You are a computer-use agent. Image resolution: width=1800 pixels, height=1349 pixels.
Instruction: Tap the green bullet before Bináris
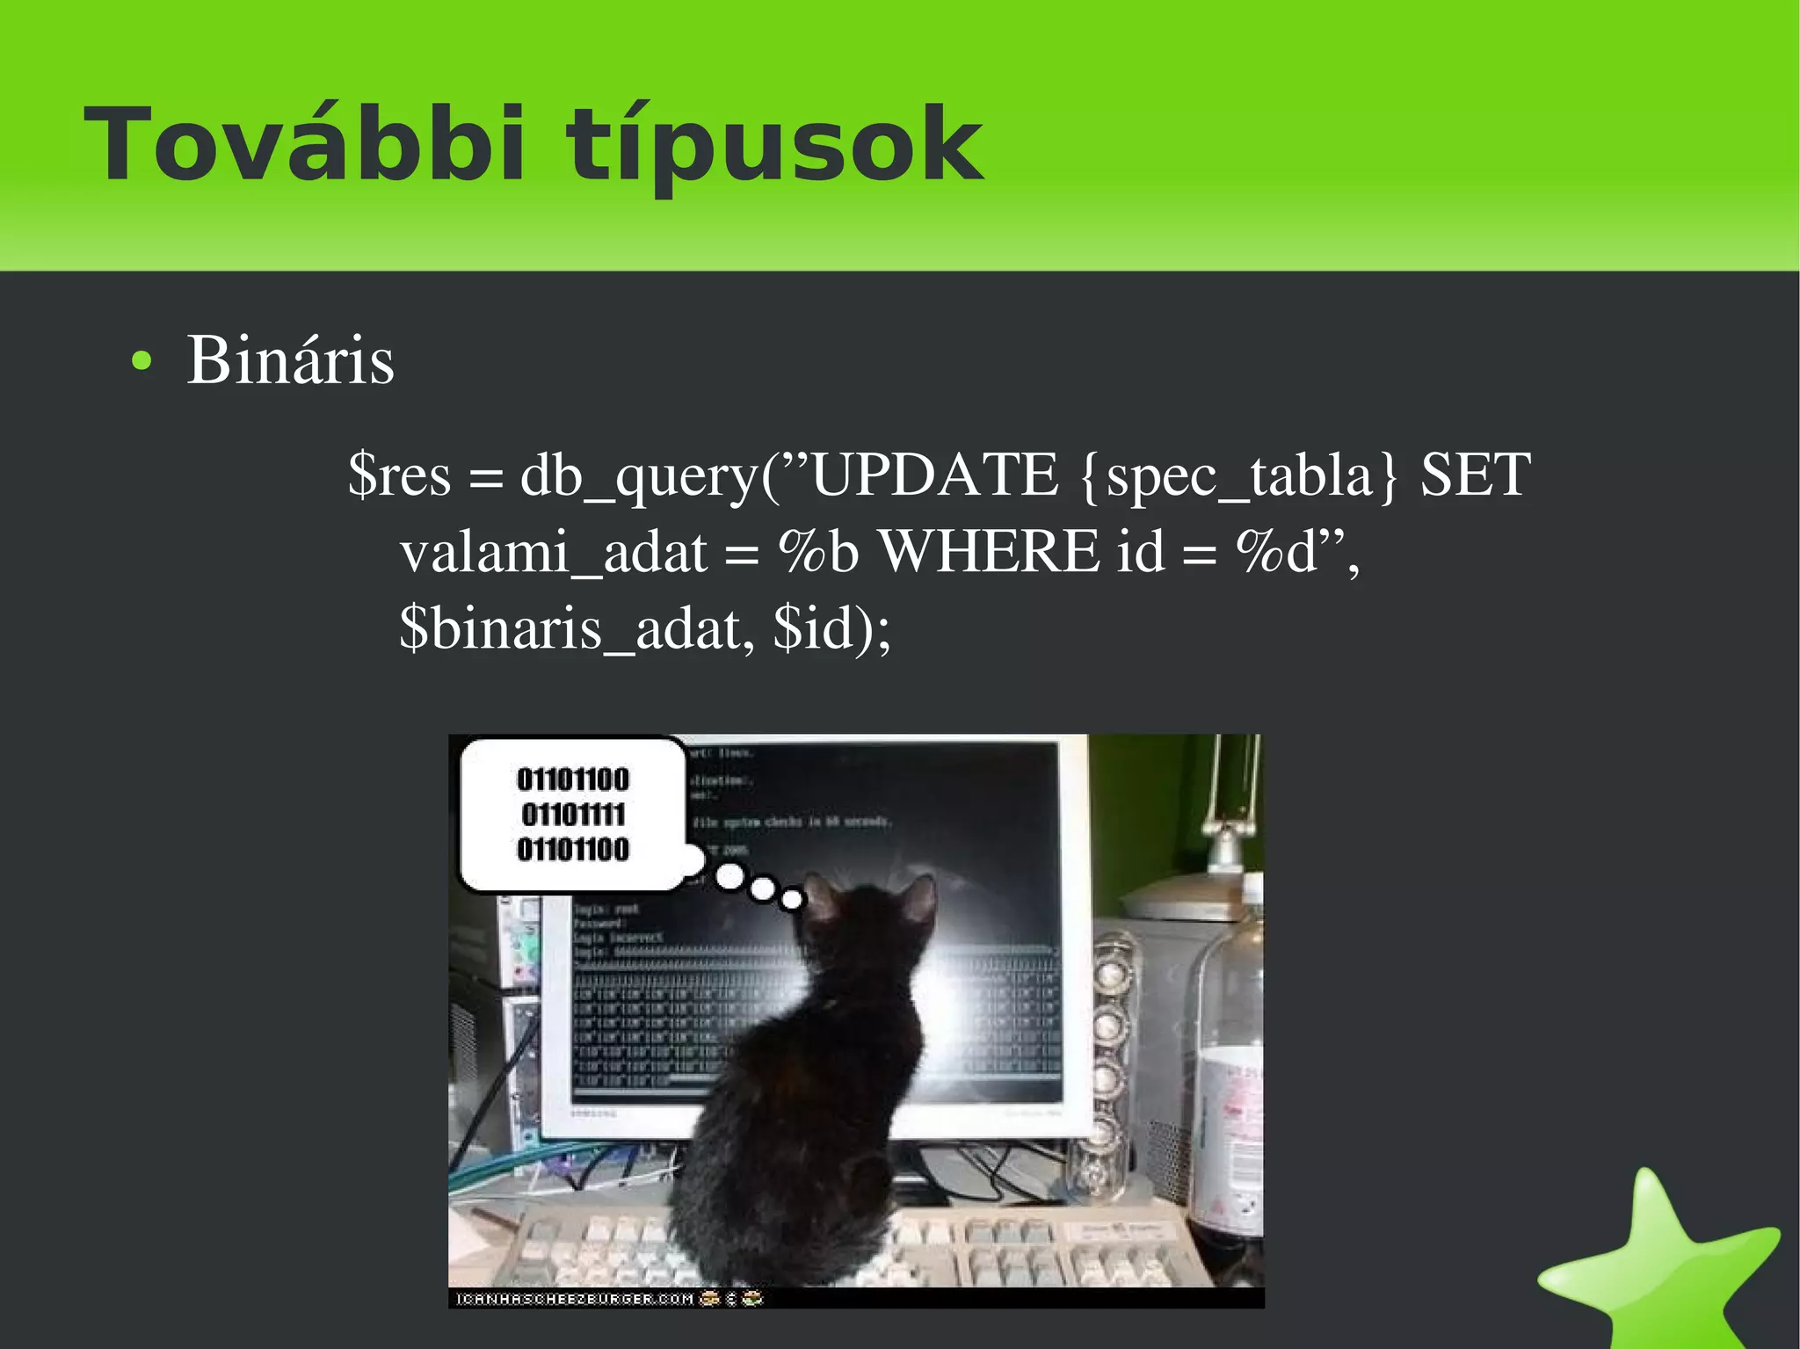pos(141,361)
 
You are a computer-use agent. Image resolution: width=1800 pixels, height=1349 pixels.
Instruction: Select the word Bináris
pos(290,360)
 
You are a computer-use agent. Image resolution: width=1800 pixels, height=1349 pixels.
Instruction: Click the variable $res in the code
pos(399,475)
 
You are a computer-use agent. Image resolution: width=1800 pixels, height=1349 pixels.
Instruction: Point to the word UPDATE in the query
pos(933,475)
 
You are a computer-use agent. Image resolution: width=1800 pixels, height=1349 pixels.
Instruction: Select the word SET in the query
pos(1476,475)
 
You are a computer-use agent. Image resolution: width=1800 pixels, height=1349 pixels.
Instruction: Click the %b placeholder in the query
pos(818,552)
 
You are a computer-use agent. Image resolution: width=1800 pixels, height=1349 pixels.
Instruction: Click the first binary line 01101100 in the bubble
pos(573,780)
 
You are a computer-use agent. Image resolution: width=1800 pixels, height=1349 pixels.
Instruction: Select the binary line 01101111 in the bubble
pos(573,815)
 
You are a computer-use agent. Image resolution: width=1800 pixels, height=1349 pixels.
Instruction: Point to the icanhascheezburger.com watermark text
pos(576,1298)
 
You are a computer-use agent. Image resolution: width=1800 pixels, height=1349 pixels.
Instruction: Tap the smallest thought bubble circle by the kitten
pos(792,899)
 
